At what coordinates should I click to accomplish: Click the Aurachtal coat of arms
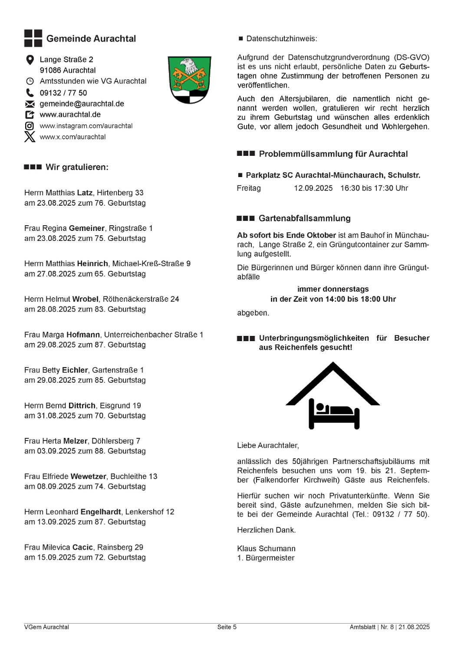coord(189,80)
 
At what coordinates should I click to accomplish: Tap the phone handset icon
coord(30,92)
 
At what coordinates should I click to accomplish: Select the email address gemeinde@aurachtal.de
coord(82,104)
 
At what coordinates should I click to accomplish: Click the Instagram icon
coord(30,126)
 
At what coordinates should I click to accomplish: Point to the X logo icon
coord(30,137)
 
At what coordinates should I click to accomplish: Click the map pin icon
coord(30,60)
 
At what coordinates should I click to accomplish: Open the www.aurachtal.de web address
coord(70,115)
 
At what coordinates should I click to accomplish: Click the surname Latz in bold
coord(85,193)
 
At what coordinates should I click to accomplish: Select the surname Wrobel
coord(85,299)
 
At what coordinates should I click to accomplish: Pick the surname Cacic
coord(82,547)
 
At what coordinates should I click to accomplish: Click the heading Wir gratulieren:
coord(77,167)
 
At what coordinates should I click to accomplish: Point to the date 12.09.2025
coord(313,188)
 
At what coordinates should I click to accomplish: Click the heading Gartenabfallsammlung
coord(304,218)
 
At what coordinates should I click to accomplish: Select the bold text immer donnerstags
coord(333,289)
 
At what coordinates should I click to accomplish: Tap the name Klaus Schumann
coord(266,549)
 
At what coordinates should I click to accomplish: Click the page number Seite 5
coord(227,627)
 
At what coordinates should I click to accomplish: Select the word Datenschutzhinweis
coord(281,39)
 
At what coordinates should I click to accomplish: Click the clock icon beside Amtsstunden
coord(30,81)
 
